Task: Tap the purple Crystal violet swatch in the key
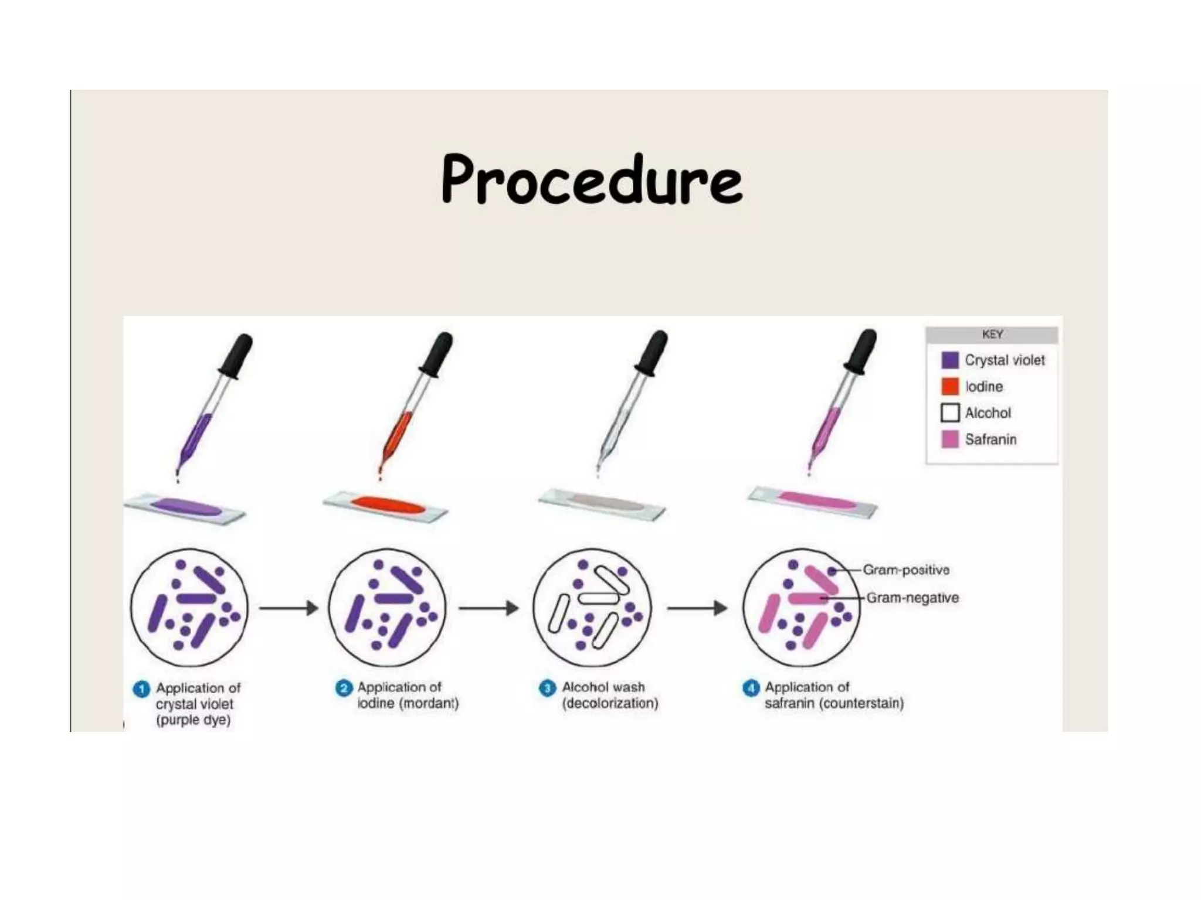(x=950, y=360)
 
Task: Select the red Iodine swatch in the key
(x=950, y=387)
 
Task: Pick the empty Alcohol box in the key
(x=950, y=412)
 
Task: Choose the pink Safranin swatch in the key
(x=950, y=439)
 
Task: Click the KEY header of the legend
(x=992, y=335)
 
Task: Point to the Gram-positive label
(x=906, y=570)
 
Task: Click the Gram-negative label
(x=912, y=598)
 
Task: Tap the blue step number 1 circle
(x=141, y=689)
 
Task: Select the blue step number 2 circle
(x=344, y=688)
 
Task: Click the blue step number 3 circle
(x=547, y=688)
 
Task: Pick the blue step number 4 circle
(x=751, y=688)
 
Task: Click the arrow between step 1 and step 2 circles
(x=289, y=608)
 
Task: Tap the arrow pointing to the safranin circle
(x=697, y=608)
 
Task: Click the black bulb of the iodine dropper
(x=437, y=354)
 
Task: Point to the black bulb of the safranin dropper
(x=861, y=352)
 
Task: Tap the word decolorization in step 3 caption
(x=610, y=703)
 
